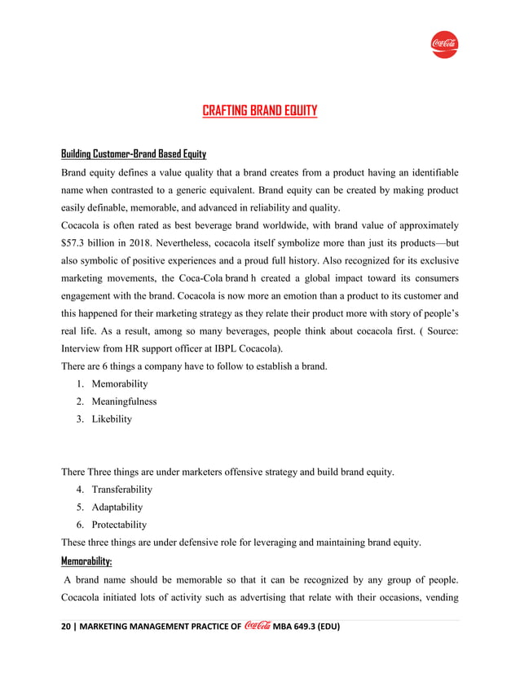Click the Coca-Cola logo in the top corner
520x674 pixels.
click(444, 43)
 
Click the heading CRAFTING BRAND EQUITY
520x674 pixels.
click(259, 111)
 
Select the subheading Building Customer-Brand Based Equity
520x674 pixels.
click(134, 154)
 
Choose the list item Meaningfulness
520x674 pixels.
click(124, 401)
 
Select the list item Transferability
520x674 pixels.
click(122, 490)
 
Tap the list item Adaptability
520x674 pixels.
click(117, 508)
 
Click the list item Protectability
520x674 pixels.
click(119, 525)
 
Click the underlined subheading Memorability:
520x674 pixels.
click(87, 561)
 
